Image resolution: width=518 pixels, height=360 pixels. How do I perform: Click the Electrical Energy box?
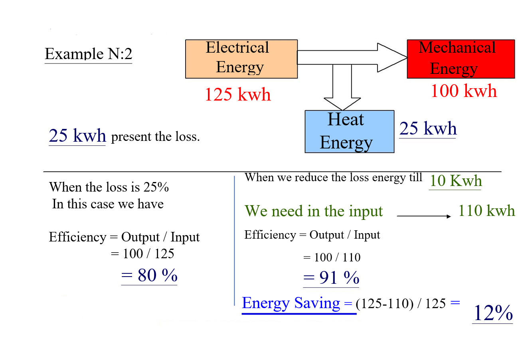[241, 59]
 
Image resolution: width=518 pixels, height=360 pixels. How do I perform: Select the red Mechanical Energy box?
[461, 59]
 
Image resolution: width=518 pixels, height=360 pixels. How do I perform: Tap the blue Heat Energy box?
[349, 131]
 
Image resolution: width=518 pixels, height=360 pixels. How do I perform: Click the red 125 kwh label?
[237, 95]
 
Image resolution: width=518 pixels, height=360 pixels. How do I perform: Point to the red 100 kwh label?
[464, 91]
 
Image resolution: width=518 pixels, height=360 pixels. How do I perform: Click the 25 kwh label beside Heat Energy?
[428, 129]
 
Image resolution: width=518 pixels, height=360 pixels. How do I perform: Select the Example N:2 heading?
[88, 54]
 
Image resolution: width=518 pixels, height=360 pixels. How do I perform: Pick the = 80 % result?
[149, 275]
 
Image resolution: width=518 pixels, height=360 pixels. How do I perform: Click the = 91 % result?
[331, 278]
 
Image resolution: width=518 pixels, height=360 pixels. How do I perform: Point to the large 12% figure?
[492, 313]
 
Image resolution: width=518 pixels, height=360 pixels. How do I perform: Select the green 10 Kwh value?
[455, 181]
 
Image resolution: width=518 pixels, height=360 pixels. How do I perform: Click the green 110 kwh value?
[486, 211]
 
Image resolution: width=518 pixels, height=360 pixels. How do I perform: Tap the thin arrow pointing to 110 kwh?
[424, 216]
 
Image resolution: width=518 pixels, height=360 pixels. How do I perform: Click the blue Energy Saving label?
[291, 303]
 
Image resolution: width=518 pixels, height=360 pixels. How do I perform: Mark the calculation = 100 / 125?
[142, 253]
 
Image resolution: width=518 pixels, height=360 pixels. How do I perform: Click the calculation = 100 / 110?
[332, 257]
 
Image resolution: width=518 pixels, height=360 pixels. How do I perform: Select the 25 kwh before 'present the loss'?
[77, 136]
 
